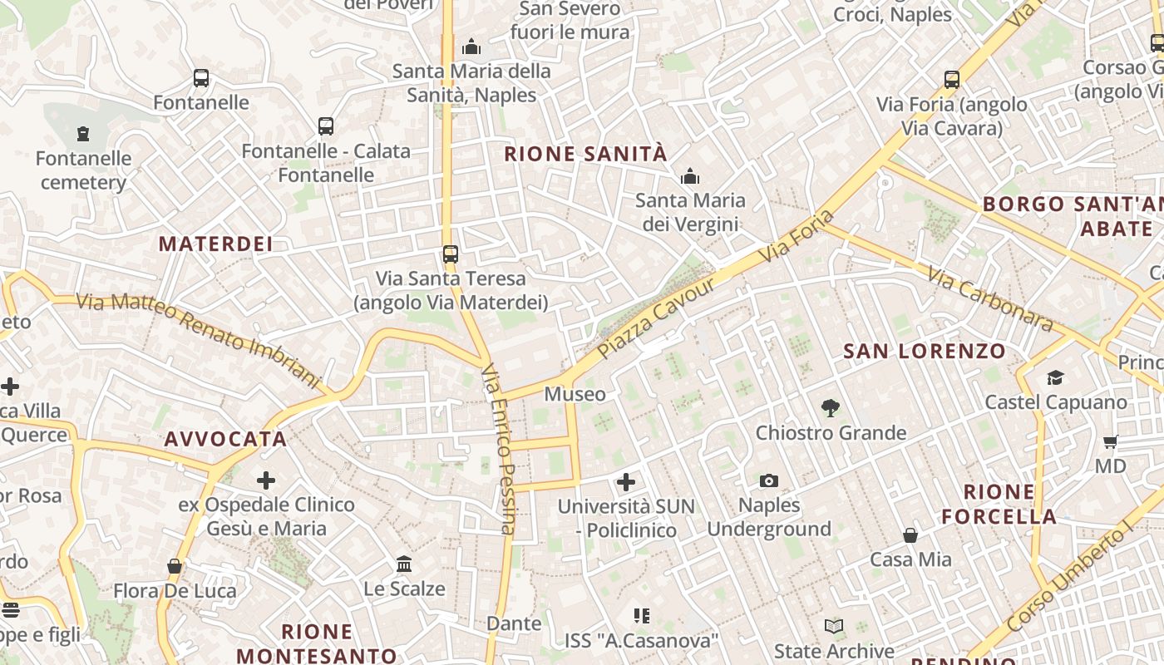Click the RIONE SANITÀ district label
(x=585, y=154)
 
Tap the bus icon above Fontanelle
(x=201, y=78)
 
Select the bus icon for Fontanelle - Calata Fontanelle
(x=326, y=126)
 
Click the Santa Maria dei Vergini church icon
(x=690, y=176)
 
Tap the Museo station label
(x=575, y=394)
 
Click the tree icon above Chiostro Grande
(x=830, y=408)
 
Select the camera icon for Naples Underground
(x=769, y=480)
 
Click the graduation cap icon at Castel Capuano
(x=1055, y=378)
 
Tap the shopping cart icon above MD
(x=1110, y=441)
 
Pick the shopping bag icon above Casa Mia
(x=910, y=535)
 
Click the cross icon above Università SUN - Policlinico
(x=626, y=481)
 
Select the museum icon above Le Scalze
(x=404, y=564)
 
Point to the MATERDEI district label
(x=215, y=244)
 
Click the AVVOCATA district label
(x=225, y=439)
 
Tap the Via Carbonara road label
(x=990, y=300)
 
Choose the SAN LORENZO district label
(x=925, y=351)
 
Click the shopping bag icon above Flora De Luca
(x=175, y=567)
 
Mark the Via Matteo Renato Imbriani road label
(x=199, y=338)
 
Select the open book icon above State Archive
(x=834, y=626)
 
